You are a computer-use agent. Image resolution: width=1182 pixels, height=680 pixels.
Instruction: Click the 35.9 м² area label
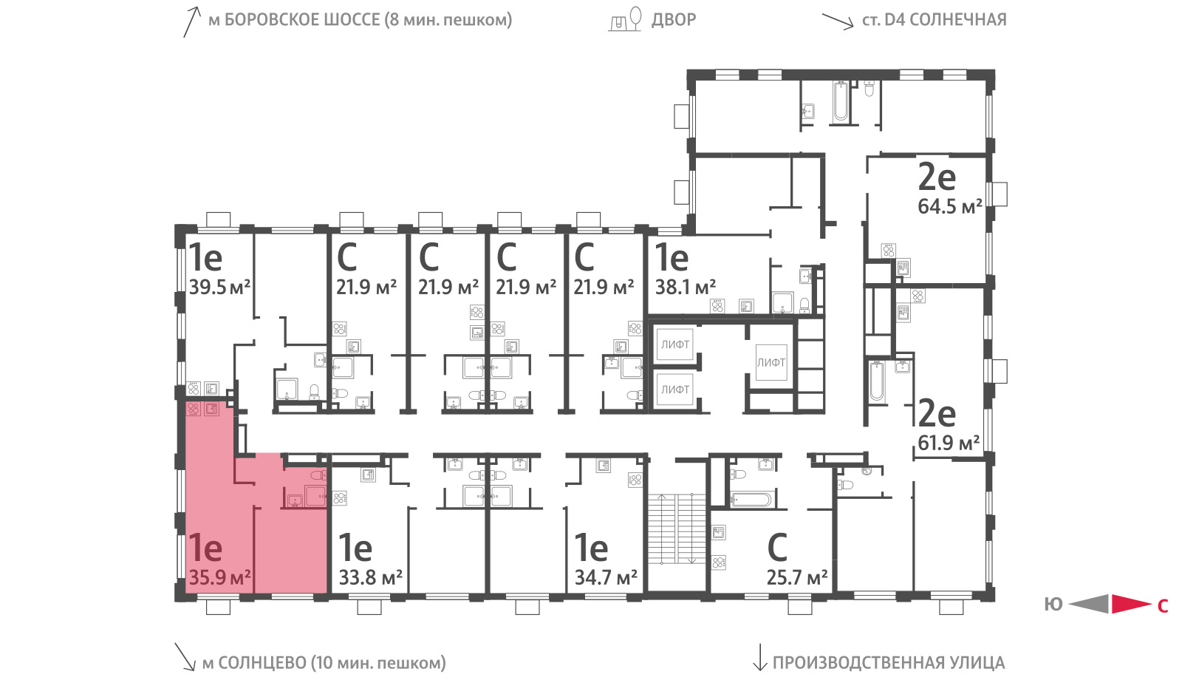pos(219,577)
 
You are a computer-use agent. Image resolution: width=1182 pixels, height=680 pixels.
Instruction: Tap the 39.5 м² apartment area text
pos(219,288)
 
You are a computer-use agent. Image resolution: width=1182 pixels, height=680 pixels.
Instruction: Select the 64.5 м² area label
pos(950,206)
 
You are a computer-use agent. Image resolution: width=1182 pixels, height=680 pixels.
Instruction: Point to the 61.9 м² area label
pos(949,443)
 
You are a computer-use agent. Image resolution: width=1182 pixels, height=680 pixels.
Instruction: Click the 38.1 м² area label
pos(686,288)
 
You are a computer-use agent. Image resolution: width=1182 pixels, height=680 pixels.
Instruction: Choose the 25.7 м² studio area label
pos(797,577)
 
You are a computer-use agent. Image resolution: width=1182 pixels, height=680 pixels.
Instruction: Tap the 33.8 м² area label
pos(370,577)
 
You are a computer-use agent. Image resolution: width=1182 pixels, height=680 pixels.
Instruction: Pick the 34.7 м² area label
pos(606,577)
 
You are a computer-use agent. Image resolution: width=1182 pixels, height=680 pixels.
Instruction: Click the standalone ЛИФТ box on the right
pos(771,363)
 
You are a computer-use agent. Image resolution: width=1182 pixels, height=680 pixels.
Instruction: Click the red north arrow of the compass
pos(1131,604)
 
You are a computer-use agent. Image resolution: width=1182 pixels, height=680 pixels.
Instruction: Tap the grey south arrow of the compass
pos(1089,604)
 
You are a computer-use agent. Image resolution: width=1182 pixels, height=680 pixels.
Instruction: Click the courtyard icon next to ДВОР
pos(625,19)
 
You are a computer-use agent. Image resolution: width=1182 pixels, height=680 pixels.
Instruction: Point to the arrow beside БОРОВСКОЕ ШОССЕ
pos(191,22)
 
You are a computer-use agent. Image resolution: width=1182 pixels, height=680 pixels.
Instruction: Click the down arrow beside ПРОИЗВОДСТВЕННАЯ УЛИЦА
pos(759,657)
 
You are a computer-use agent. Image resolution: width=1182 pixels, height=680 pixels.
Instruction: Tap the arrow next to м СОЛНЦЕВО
pos(185,657)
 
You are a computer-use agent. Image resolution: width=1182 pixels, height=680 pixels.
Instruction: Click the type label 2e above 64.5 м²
pos(937,177)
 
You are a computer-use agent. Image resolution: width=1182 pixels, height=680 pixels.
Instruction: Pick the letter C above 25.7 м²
pos(777,548)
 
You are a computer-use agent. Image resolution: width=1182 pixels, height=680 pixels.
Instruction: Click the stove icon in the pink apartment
pos(194,409)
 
